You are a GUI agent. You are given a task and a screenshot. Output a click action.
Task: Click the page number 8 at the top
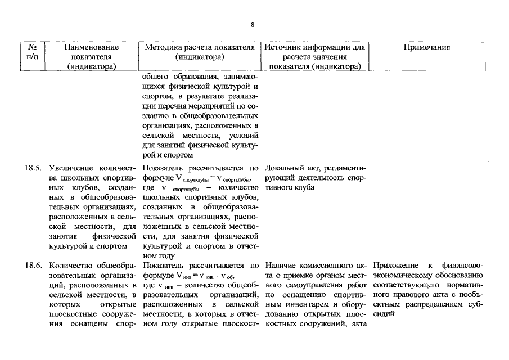253,25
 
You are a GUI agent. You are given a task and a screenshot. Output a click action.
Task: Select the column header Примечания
427,48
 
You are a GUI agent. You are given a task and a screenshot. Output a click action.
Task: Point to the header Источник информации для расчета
315,57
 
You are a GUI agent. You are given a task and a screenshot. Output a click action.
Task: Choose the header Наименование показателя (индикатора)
92,57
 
